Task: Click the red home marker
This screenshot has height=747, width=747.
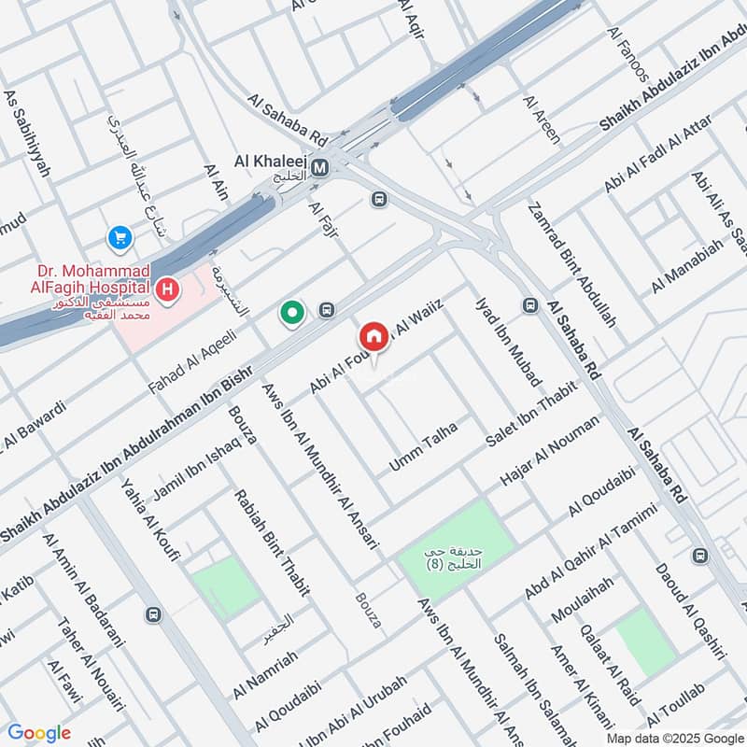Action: pos(373,337)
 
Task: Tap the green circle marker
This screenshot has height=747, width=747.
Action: pos(292,314)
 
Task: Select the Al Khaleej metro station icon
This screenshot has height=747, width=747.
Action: pos(321,168)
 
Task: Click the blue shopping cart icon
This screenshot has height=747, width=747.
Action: pos(120,239)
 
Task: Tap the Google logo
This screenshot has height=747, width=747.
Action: pos(39,733)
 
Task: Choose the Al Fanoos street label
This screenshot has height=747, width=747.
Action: pos(627,54)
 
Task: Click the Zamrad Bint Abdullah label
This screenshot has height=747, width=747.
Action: pos(572,264)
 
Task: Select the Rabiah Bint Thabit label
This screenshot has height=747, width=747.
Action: pos(272,543)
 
